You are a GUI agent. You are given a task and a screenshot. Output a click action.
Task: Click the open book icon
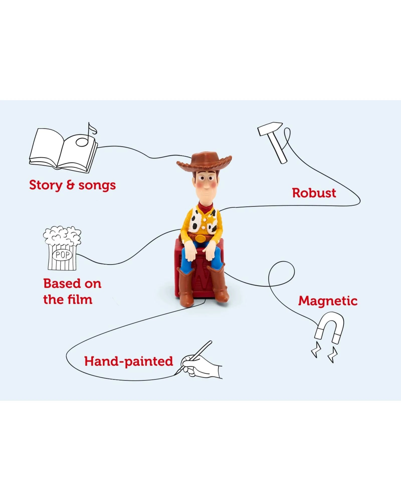click(63, 150)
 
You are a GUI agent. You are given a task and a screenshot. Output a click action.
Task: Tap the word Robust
click(314, 193)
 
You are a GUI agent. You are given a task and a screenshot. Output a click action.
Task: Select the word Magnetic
click(328, 301)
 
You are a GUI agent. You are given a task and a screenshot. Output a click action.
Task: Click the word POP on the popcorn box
click(62, 255)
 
